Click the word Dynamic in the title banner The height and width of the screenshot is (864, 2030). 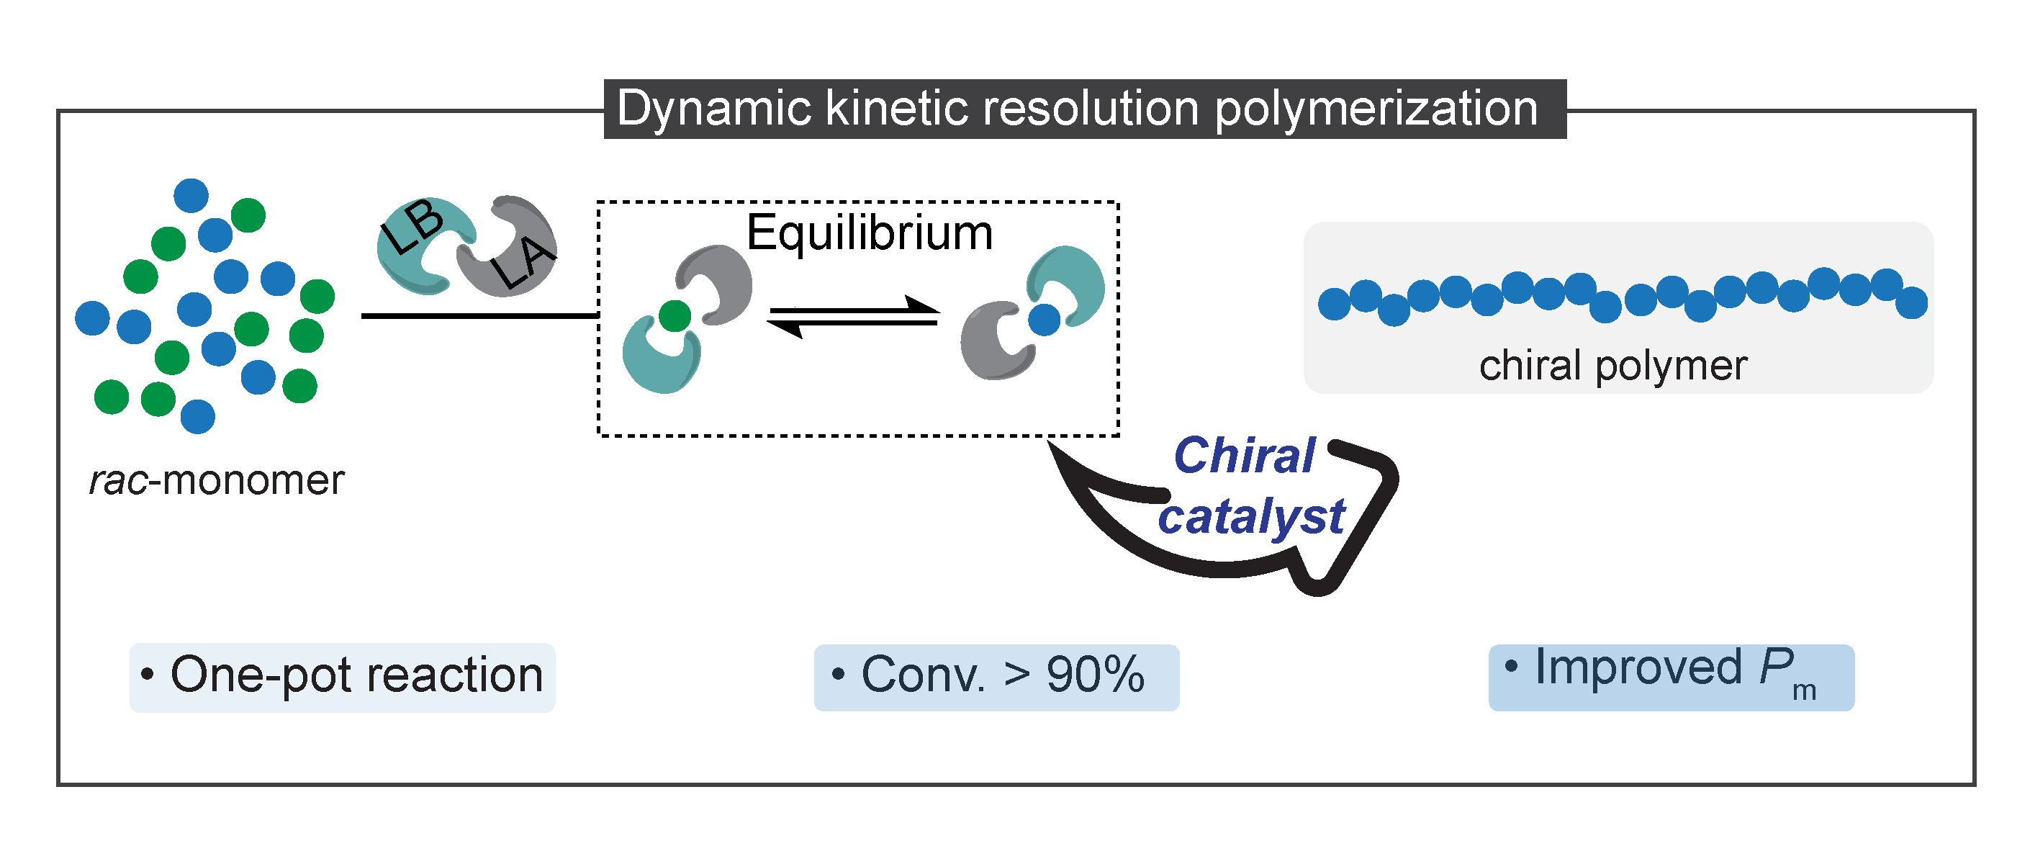713,109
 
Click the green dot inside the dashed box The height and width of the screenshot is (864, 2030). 675,316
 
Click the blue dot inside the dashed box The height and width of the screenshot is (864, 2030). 1045,319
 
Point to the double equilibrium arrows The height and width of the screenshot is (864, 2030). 854,317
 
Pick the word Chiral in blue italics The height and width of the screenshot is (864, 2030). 1243,456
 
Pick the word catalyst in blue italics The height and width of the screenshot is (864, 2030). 1251,518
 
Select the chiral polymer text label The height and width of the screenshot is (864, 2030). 1613,366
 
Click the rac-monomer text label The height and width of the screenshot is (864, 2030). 217,480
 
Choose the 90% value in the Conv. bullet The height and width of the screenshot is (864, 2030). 1095,675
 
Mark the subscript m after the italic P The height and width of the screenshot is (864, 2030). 1804,690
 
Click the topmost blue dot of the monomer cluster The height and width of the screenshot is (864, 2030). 191,194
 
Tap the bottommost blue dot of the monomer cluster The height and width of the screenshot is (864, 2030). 198,417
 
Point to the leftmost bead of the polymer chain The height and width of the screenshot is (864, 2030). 1334,304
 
